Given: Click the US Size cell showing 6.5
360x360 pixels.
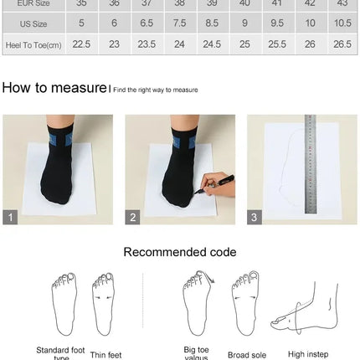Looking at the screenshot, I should pos(147,23).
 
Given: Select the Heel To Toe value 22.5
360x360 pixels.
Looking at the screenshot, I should pos(81,44).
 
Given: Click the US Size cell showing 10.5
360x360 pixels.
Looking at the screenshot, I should pos(342,23).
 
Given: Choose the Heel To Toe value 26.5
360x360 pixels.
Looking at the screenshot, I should pos(342,44).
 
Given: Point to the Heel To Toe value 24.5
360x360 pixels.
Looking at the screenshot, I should pos(212,44).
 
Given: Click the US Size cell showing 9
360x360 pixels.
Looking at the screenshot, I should pos(244,23).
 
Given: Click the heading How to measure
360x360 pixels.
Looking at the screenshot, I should pos(54,88).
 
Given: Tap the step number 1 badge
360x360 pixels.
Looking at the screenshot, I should pos(10,217).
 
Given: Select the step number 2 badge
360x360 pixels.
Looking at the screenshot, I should pos(132,217).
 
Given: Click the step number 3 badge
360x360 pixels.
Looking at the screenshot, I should pos(255,217).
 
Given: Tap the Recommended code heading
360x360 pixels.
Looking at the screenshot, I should pos(180,252).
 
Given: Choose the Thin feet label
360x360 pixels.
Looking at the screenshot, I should pos(105,355).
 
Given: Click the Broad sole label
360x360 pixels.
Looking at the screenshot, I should pos(247,355).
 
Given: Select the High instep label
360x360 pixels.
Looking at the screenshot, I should pos(308,354).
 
